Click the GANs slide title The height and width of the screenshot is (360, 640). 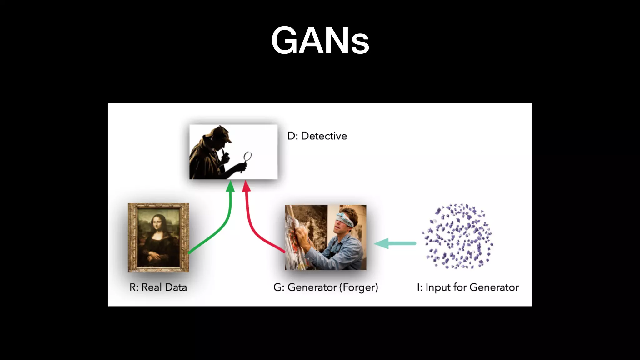point(320,41)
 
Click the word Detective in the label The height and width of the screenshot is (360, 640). point(324,136)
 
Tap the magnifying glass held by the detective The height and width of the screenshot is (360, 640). point(247,156)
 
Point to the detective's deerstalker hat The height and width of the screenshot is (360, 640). point(219,133)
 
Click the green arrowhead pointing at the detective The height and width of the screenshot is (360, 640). point(230,186)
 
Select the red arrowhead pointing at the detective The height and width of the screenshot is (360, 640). point(247,186)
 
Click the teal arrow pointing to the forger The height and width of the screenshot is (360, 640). point(395,243)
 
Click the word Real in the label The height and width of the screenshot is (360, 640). point(151,287)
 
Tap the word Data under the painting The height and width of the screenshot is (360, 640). point(175,287)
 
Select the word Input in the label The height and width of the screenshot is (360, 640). point(438,287)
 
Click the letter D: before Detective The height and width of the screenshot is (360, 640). point(292,136)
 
